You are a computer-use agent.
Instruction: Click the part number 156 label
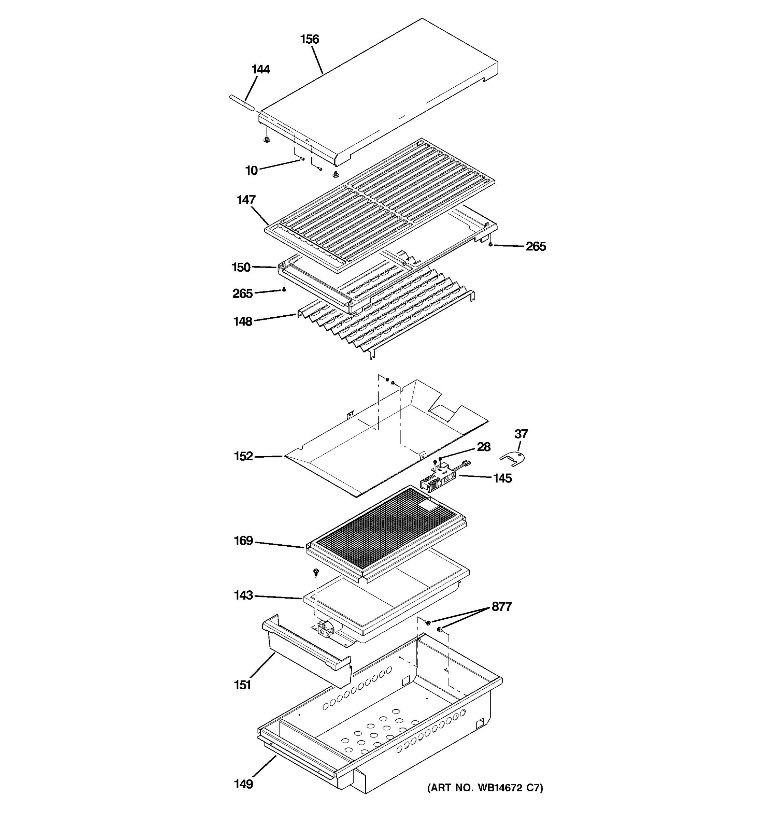pyautogui.click(x=310, y=40)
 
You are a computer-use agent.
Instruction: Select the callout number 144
pyautogui.click(x=260, y=69)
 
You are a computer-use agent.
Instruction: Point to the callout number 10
pyautogui.click(x=251, y=171)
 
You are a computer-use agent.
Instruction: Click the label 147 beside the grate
pyautogui.click(x=246, y=200)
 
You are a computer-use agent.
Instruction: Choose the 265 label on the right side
pyautogui.click(x=535, y=247)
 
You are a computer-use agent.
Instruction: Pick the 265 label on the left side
pyautogui.click(x=242, y=294)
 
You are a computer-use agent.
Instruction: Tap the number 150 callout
pyautogui.click(x=241, y=268)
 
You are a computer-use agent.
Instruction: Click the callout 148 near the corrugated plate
pyautogui.click(x=243, y=321)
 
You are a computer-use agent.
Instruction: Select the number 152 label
pyautogui.click(x=243, y=457)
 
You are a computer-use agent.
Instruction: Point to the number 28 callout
pyautogui.click(x=484, y=447)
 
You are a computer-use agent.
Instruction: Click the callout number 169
pyautogui.click(x=243, y=541)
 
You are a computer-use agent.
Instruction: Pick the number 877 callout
pyautogui.click(x=501, y=607)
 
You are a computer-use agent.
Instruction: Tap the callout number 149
pyautogui.click(x=243, y=784)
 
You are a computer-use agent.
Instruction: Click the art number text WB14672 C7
pyautogui.click(x=485, y=788)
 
